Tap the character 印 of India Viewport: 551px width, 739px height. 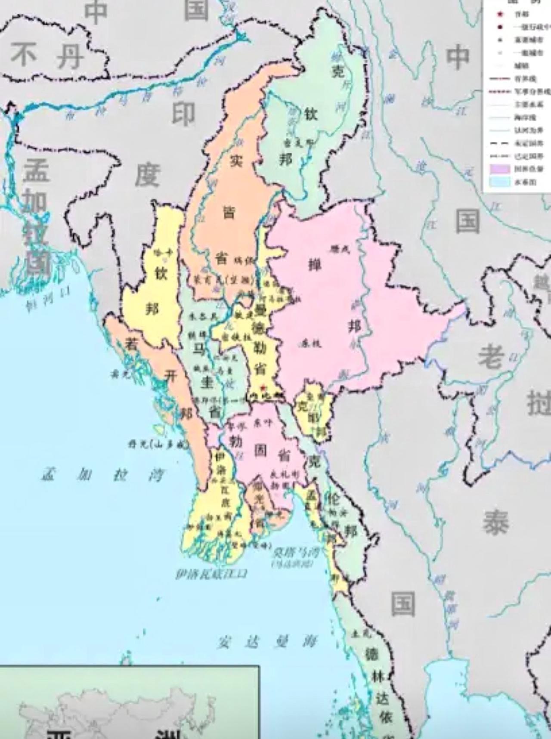click(184, 114)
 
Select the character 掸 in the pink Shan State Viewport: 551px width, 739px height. click(314, 265)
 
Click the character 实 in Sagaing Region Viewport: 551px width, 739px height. click(235, 161)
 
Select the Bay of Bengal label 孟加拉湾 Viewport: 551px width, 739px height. click(103, 475)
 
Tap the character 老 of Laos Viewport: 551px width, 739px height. click(491, 356)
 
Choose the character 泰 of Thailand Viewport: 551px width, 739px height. click(495, 523)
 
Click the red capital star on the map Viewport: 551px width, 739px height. click(263, 388)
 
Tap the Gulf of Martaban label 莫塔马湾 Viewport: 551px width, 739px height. click(295, 553)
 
